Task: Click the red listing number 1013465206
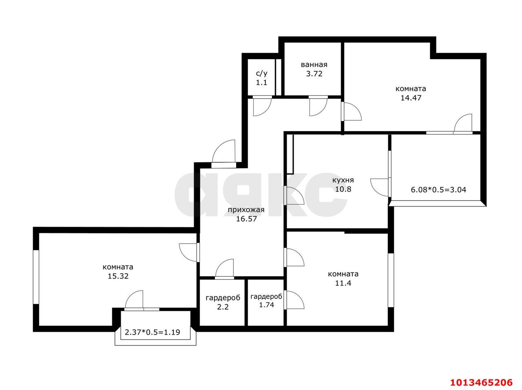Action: pyautogui.click(x=480, y=383)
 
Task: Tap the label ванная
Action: pyautogui.click(x=314, y=65)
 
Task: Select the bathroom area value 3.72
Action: pyautogui.click(x=314, y=74)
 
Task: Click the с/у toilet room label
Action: pyautogui.click(x=261, y=74)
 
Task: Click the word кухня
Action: pyautogui.click(x=343, y=180)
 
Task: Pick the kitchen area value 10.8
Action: pyautogui.click(x=343, y=189)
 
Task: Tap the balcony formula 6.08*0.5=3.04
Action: pyautogui.click(x=438, y=189)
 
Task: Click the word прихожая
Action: pyautogui.click(x=246, y=210)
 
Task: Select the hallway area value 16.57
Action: pyautogui.click(x=246, y=219)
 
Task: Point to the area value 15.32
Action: pyautogui.click(x=118, y=276)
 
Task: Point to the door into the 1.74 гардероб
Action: pyautogui.click(x=294, y=300)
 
